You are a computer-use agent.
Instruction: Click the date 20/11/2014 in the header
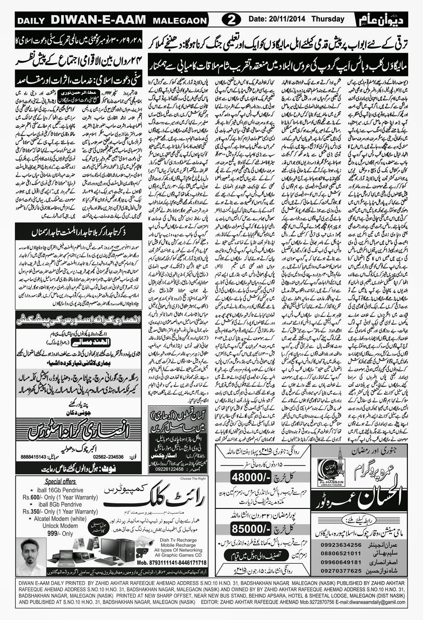[278, 19]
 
